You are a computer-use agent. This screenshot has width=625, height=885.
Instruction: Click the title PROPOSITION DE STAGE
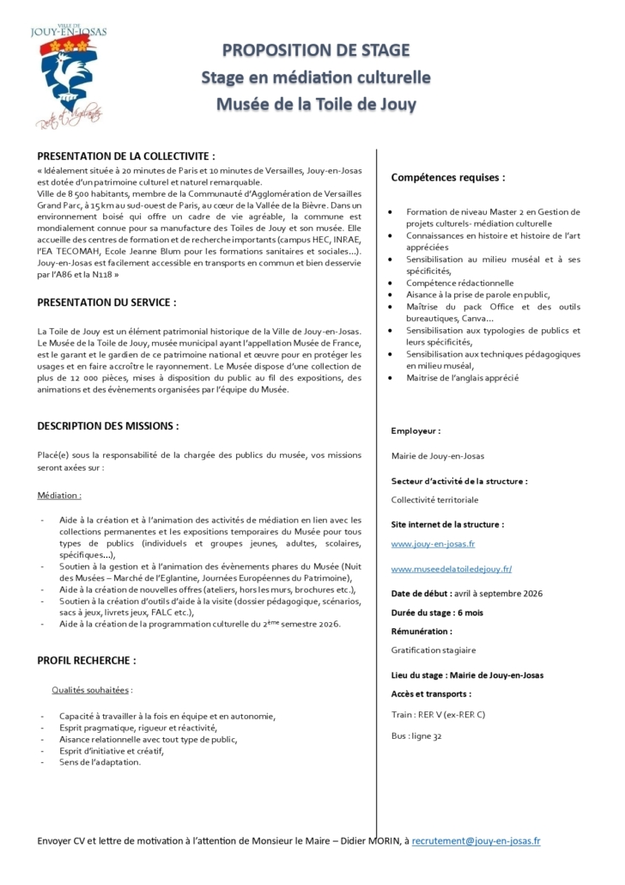316,51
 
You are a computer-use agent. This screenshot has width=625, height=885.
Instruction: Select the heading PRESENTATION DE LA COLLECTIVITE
125,156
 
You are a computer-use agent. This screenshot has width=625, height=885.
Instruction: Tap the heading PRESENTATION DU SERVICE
107,302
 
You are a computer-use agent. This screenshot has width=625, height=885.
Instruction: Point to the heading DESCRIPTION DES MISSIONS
108,425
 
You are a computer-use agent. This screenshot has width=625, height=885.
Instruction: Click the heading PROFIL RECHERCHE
86,661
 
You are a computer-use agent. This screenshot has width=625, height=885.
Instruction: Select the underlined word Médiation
60,496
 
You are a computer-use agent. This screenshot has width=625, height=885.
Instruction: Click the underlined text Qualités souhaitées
92,690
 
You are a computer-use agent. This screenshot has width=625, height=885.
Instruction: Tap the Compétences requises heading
448,178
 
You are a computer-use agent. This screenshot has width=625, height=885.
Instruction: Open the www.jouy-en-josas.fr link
433,544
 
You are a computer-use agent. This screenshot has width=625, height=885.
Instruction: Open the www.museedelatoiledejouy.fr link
452,569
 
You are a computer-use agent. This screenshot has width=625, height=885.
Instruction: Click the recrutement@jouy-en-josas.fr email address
476,842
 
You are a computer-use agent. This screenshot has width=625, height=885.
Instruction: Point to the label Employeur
416,431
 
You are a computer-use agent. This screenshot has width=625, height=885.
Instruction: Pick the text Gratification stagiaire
433,650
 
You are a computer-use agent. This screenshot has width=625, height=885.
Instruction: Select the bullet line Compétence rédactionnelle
460,283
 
